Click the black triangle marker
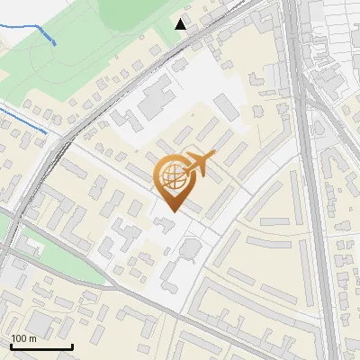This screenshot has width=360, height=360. click(181, 24)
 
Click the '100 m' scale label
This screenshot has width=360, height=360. click(23, 338)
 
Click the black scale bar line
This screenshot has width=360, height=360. click(41, 346)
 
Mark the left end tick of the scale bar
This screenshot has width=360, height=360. click(11, 345)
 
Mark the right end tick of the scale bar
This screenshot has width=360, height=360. click(72, 345)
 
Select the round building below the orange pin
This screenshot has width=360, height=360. click(191, 248)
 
